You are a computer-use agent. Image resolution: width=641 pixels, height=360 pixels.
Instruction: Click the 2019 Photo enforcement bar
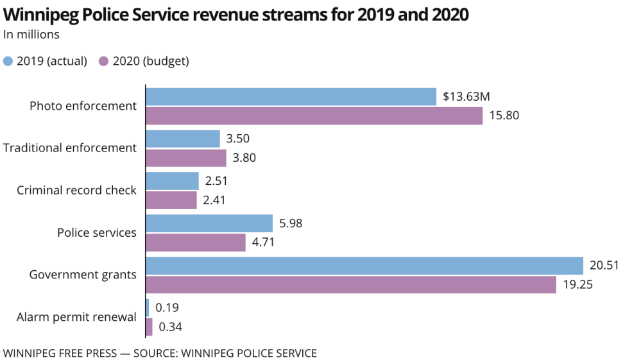click(x=291, y=97)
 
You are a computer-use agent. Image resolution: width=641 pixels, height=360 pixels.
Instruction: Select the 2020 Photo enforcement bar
click(x=314, y=116)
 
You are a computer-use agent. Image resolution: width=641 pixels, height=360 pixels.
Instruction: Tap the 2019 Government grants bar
click(x=364, y=266)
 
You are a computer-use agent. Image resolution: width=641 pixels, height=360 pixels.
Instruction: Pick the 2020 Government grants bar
click(x=351, y=285)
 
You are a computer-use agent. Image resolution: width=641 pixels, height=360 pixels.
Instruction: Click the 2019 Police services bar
click(x=210, y=224)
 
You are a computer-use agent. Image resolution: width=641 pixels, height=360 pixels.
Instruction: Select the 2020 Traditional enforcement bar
click(x=186, y=159)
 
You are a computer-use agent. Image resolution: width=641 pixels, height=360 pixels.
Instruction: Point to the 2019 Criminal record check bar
click(x=173, y=182)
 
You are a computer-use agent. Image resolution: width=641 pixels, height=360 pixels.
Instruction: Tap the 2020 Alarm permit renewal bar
click(x=150, y=327)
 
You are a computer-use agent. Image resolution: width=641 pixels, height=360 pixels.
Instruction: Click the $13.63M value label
click(x=466, y=97)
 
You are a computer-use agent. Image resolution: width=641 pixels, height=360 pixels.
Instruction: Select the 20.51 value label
click(x=604, y=266)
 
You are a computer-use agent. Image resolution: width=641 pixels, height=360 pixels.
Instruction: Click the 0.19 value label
click(x=168, y=308)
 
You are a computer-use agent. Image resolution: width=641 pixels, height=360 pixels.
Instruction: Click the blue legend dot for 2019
click(x=8, y=62)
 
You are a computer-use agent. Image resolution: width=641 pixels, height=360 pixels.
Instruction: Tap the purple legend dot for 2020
click(x=103, y=62)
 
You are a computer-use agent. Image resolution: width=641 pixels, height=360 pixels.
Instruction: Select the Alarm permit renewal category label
click(x=76, y=317)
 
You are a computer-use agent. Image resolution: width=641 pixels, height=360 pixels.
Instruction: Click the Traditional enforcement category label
click(x=70, y=148)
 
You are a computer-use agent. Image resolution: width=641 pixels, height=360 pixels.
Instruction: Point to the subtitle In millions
click(x=31, y=35)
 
